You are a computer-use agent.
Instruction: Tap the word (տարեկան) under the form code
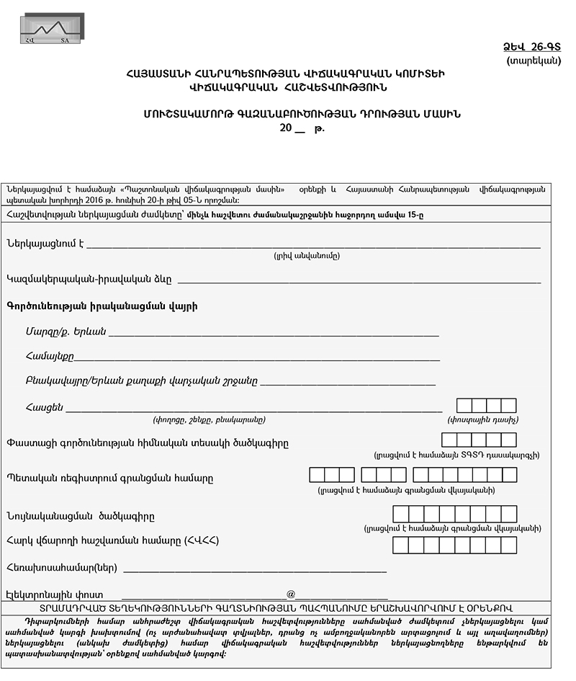point(533,61)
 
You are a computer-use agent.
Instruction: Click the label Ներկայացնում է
point(45,243)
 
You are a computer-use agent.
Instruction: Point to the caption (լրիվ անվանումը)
point(306,256)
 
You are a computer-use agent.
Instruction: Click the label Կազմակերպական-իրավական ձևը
point(89,279)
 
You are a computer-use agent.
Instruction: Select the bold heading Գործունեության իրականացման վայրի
point(102,306)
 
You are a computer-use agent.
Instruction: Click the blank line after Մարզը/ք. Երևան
point(274,333)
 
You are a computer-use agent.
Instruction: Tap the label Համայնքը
point(48,355)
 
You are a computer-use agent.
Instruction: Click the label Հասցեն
point(44,407)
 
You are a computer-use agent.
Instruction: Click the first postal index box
point(464,406)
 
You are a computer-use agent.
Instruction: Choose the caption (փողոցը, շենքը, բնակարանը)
point(209,419)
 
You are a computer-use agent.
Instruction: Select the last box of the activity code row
point(509,440)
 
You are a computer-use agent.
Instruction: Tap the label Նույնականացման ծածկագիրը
point(80,516)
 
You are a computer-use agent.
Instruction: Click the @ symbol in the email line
point(291,594)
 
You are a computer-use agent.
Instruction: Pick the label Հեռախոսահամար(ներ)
point(61,568)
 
